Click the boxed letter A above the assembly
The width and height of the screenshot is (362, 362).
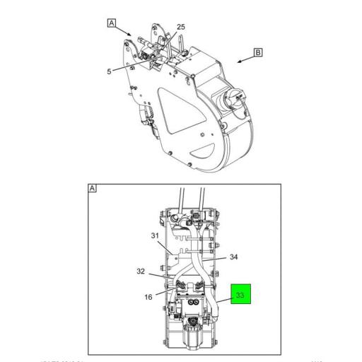[x=111, y=23]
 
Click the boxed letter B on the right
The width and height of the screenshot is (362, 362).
[x=258, y=52]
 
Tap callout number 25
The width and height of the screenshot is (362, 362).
[x=180, y=27]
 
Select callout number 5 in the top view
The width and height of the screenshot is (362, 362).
[x=110, y=71]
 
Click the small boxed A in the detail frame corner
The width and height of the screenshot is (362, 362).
[x=92, y=188]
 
